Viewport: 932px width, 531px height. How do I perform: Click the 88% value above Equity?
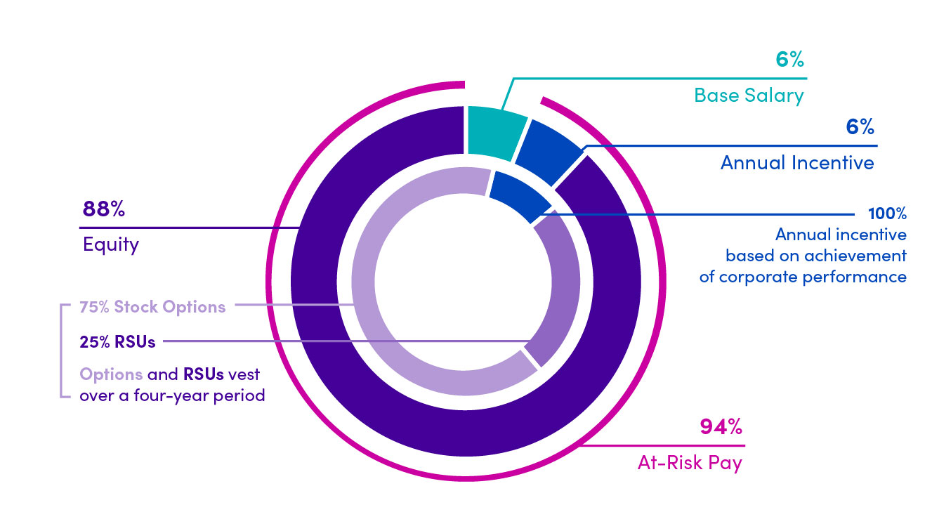point(103,209)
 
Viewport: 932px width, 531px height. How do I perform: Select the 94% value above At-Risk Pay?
point(721,427)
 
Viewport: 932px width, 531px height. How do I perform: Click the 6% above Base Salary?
point(789,60)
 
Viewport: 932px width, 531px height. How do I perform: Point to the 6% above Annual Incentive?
point(860,127)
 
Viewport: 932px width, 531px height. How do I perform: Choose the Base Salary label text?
point(749,95)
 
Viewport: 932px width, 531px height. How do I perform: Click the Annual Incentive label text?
point(797,163)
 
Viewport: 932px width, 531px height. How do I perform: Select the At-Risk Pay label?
point(690,464)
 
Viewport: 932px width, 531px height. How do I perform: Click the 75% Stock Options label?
point(152,307)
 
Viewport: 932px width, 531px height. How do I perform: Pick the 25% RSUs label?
point(117,342)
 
